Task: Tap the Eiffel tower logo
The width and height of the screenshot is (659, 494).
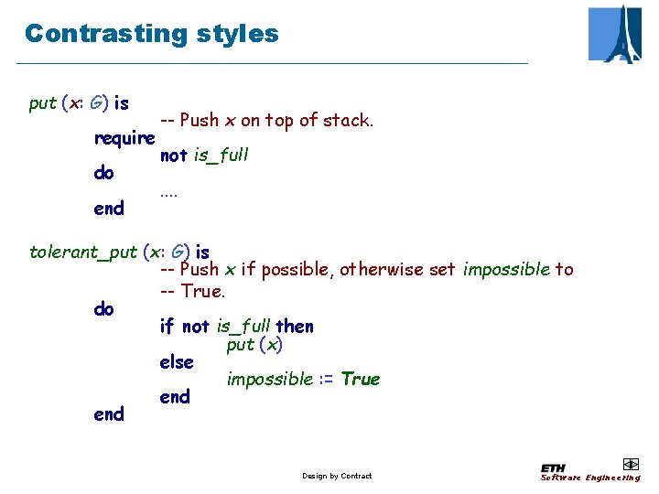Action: [615, 34]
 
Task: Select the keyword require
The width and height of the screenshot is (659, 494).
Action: [124, 138]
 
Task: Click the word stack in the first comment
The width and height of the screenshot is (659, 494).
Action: [349, 120]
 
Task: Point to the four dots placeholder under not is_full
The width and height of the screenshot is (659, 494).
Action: [168, 192]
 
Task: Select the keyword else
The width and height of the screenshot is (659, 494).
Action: [177, 362]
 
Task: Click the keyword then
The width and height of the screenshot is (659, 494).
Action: [295, 327]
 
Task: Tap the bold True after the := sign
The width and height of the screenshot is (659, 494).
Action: [361, 379]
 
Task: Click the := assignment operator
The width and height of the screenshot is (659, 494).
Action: [327, 379]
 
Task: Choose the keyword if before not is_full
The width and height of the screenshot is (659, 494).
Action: [167, 327]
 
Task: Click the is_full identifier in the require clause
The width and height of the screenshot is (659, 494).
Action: [221, 156]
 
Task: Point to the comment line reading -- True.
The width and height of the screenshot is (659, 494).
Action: [192, 291]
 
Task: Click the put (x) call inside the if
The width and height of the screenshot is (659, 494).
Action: [254, 345]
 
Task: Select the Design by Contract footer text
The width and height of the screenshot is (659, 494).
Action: [337, 476]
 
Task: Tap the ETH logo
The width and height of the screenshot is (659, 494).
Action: [554, 467]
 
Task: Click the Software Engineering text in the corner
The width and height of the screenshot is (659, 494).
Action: [590, 478]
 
